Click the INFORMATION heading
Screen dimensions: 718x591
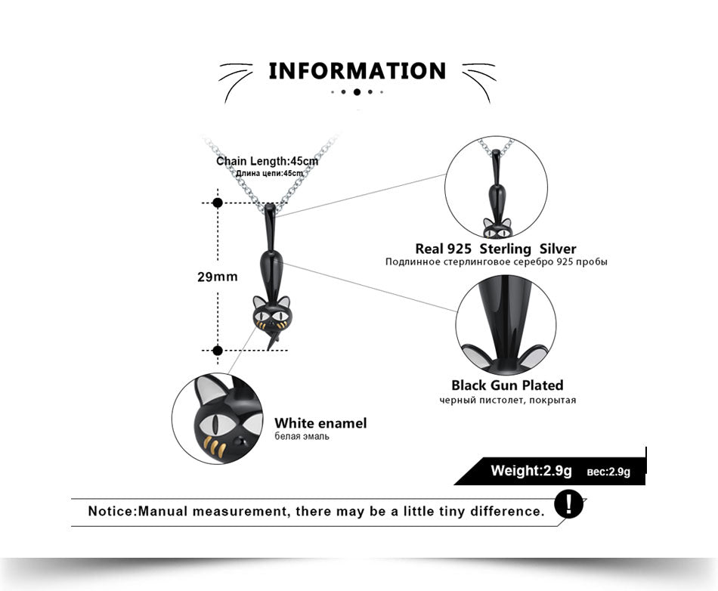(x=357, y=71)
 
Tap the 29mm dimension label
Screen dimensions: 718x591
(x=218, y=277)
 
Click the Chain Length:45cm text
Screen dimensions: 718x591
(x=267, y=161)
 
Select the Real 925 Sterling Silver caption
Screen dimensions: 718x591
(x=496, y=249)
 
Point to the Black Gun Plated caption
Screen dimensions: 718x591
(x=507, y=385)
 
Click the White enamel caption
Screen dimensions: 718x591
(x=320, y=423)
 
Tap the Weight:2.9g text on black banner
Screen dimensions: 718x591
(x=531, y=470)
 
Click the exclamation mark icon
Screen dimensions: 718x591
(x=568, y=505)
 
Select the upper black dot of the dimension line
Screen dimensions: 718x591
(x=218, y=203)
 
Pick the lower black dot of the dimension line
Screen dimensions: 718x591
(x=218, y=351)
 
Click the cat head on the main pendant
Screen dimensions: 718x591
(x=271, y=313)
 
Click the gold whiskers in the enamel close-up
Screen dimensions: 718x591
(x=215, y=447)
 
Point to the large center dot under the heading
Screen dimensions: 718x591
(x=357, y=92)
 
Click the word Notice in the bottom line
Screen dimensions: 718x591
(x=112, y=511)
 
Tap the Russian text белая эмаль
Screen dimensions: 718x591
(x=302, y=436)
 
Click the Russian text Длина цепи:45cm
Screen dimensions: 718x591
(x=269, y=174)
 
